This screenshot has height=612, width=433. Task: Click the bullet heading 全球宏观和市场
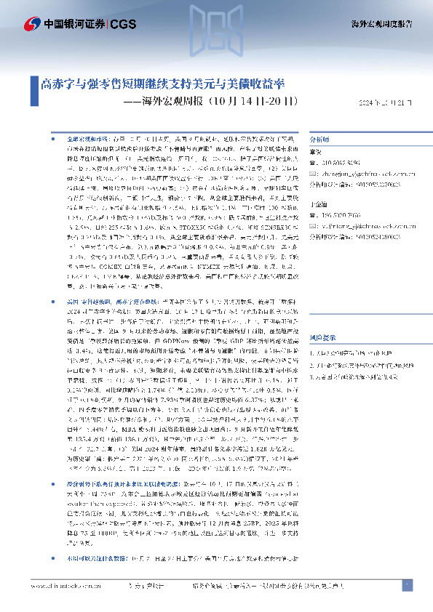point(82,137)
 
